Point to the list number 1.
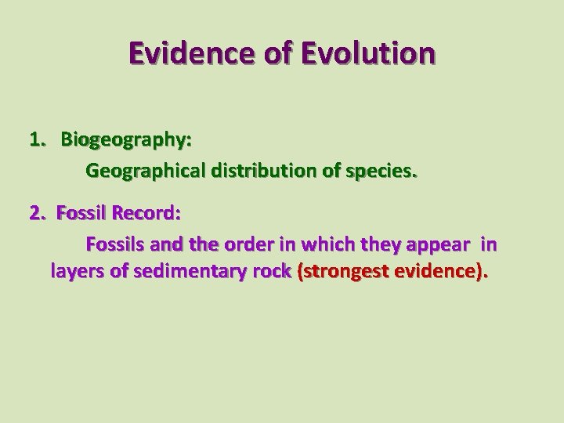coord(36,140)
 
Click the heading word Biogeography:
coord(127,141)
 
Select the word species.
coord(383,171)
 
